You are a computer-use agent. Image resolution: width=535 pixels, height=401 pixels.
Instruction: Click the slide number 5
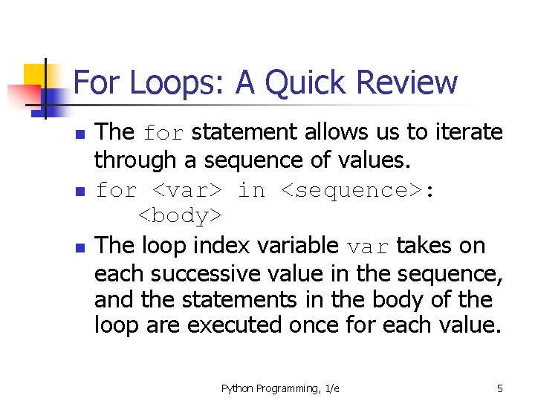pyautogui.click(x=500, y=388)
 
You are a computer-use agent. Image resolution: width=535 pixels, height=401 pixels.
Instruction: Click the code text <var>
pyautogui.click(x=186, y=190)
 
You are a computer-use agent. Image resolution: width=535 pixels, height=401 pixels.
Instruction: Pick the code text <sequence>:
pyautogui.click(x=358, y=190)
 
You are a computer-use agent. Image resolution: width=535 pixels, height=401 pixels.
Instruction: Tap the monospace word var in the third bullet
pyautogui.click(x=369, y=246)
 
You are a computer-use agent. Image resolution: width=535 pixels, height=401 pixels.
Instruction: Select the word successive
pyautogui.click(x=205, y=273)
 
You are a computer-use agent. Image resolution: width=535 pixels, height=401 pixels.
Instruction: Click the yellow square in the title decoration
pyautogui.click(x=36, y=74)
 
